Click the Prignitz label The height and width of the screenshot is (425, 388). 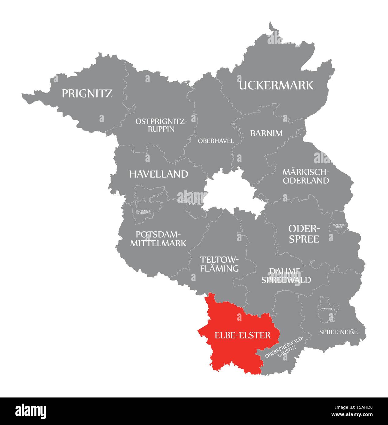(x=87, y=93)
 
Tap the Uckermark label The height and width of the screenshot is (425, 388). (x=276, y=85)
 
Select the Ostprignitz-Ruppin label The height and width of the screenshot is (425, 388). (x=161, y=125)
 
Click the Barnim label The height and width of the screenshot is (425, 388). (x=266, y=133)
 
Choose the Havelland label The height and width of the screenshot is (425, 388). (x=158, y=174)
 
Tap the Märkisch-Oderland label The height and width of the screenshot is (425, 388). (x=306, y=176)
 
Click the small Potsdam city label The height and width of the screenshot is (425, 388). (x=195, y=204)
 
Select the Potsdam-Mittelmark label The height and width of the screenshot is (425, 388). (x=158, y=239)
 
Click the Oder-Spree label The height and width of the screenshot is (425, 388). (x=304, y=234)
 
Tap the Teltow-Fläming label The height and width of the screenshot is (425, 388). (x=219, y=264)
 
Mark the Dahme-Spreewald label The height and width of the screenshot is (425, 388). (x=286, y=275)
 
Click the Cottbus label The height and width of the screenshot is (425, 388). (x=328, y=309)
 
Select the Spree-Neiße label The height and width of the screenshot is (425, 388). (x=338, y=332)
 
